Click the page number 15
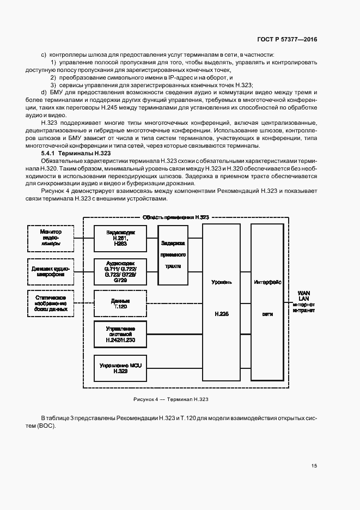314,465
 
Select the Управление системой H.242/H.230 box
120,335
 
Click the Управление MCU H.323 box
120,367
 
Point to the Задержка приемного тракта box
173,255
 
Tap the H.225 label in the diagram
221,314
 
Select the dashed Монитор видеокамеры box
51,238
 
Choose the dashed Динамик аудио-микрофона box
51,271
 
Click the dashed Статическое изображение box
51,303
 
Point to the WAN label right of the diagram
303,293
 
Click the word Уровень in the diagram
221,283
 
